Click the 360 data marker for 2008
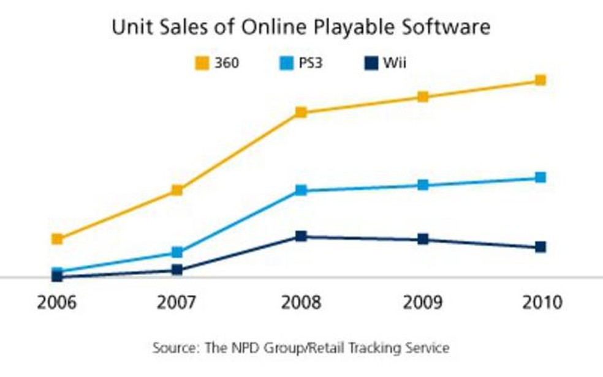[301, 112]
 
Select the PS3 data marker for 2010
[540, 177]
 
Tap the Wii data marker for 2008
[301, 236]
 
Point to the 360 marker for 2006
[57, 239]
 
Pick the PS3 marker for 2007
[177, 252]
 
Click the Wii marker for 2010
[540, 247]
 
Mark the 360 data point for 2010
[540, 80]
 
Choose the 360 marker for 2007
[177, 190]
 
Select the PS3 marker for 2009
[423, 185]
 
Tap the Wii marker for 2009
[423, 239]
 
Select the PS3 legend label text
[311, 63]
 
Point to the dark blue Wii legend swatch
[371, 63]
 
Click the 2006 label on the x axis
[57, 303]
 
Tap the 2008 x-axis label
[301, 303]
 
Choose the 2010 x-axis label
[540, 303]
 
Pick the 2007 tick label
[177, 303]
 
